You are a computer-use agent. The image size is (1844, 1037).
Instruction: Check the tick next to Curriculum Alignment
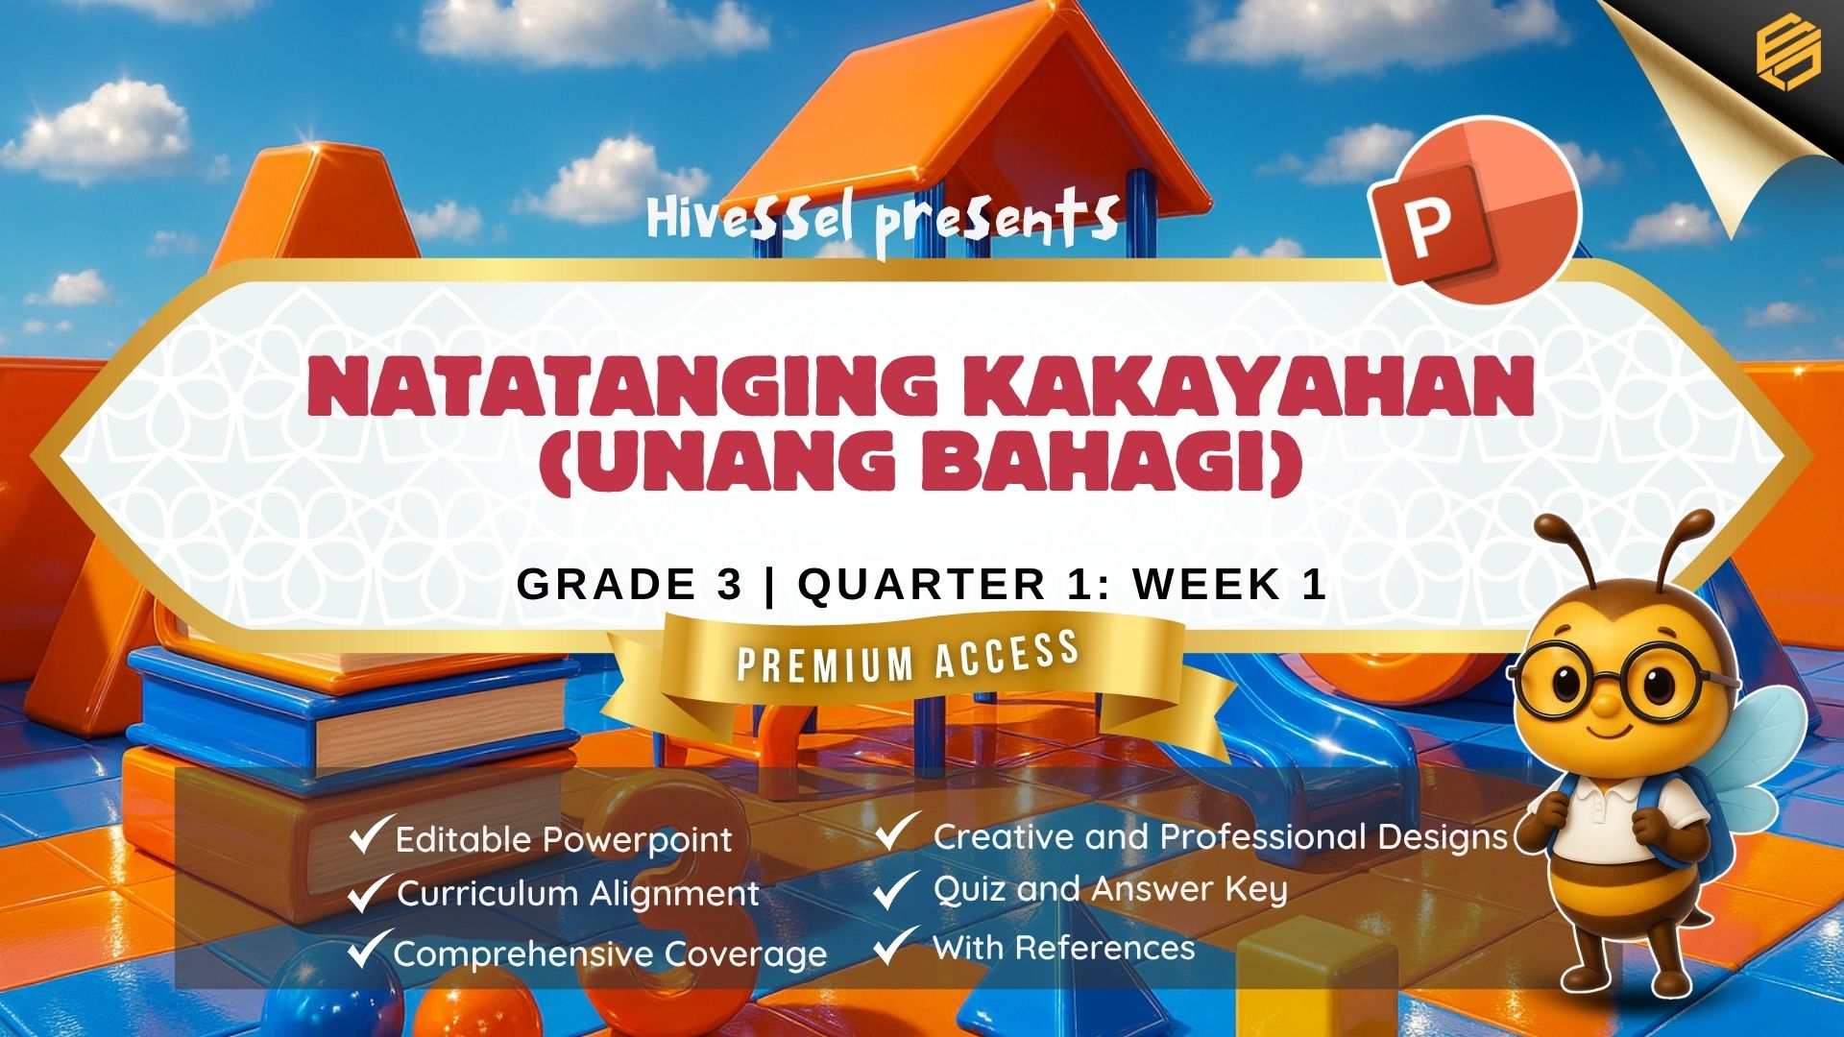371,892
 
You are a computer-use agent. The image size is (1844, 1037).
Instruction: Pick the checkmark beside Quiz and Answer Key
896,888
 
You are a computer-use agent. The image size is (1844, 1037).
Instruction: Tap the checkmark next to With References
896,945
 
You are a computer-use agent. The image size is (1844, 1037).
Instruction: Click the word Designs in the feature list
1443,838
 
